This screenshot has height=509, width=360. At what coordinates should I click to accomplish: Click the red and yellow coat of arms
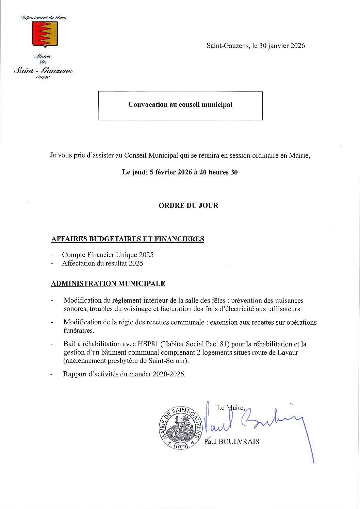pyautogui.click(x=45, y=34)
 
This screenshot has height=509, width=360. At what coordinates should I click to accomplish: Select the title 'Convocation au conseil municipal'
pyautogui.click(x=180, y=105)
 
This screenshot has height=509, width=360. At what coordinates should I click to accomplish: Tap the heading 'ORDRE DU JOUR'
pyautogui.click(x=188, y=206)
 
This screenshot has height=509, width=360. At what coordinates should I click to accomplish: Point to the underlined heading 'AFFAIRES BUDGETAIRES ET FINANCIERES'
pyautogui.click(x=128, y=239)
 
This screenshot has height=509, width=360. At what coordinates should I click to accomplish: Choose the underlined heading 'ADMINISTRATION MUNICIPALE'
pyautogui.click(x=108, y=284)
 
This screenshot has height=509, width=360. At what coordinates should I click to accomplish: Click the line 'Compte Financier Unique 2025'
pyautogui.click(x=108, y=255)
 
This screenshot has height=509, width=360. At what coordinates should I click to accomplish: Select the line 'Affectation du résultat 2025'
pyautogui.click(x=102, y=264)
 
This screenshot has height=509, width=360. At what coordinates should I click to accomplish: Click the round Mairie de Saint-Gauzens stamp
pyautogui.click(x=181, y=428)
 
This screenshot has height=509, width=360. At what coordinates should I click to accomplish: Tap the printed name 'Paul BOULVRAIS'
pyautogui.click(x=232, y=442)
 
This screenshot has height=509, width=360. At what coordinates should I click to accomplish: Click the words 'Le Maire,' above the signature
pyautogui.click(x=231, y=408)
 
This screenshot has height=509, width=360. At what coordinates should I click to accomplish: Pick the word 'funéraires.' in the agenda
pyautogui.click(x=79, y=330)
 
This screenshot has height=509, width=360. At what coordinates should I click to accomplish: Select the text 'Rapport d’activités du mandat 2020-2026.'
pyautogui.click(x=125, y=374)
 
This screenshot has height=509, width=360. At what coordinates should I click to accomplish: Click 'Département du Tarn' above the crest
pyautogui.click(x=44, y=18)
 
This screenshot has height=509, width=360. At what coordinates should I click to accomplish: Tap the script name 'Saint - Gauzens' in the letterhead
pyautogui.click(x=43, y=71)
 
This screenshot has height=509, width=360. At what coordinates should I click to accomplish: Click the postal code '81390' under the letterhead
pyautogui.click(x=43, y=78)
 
